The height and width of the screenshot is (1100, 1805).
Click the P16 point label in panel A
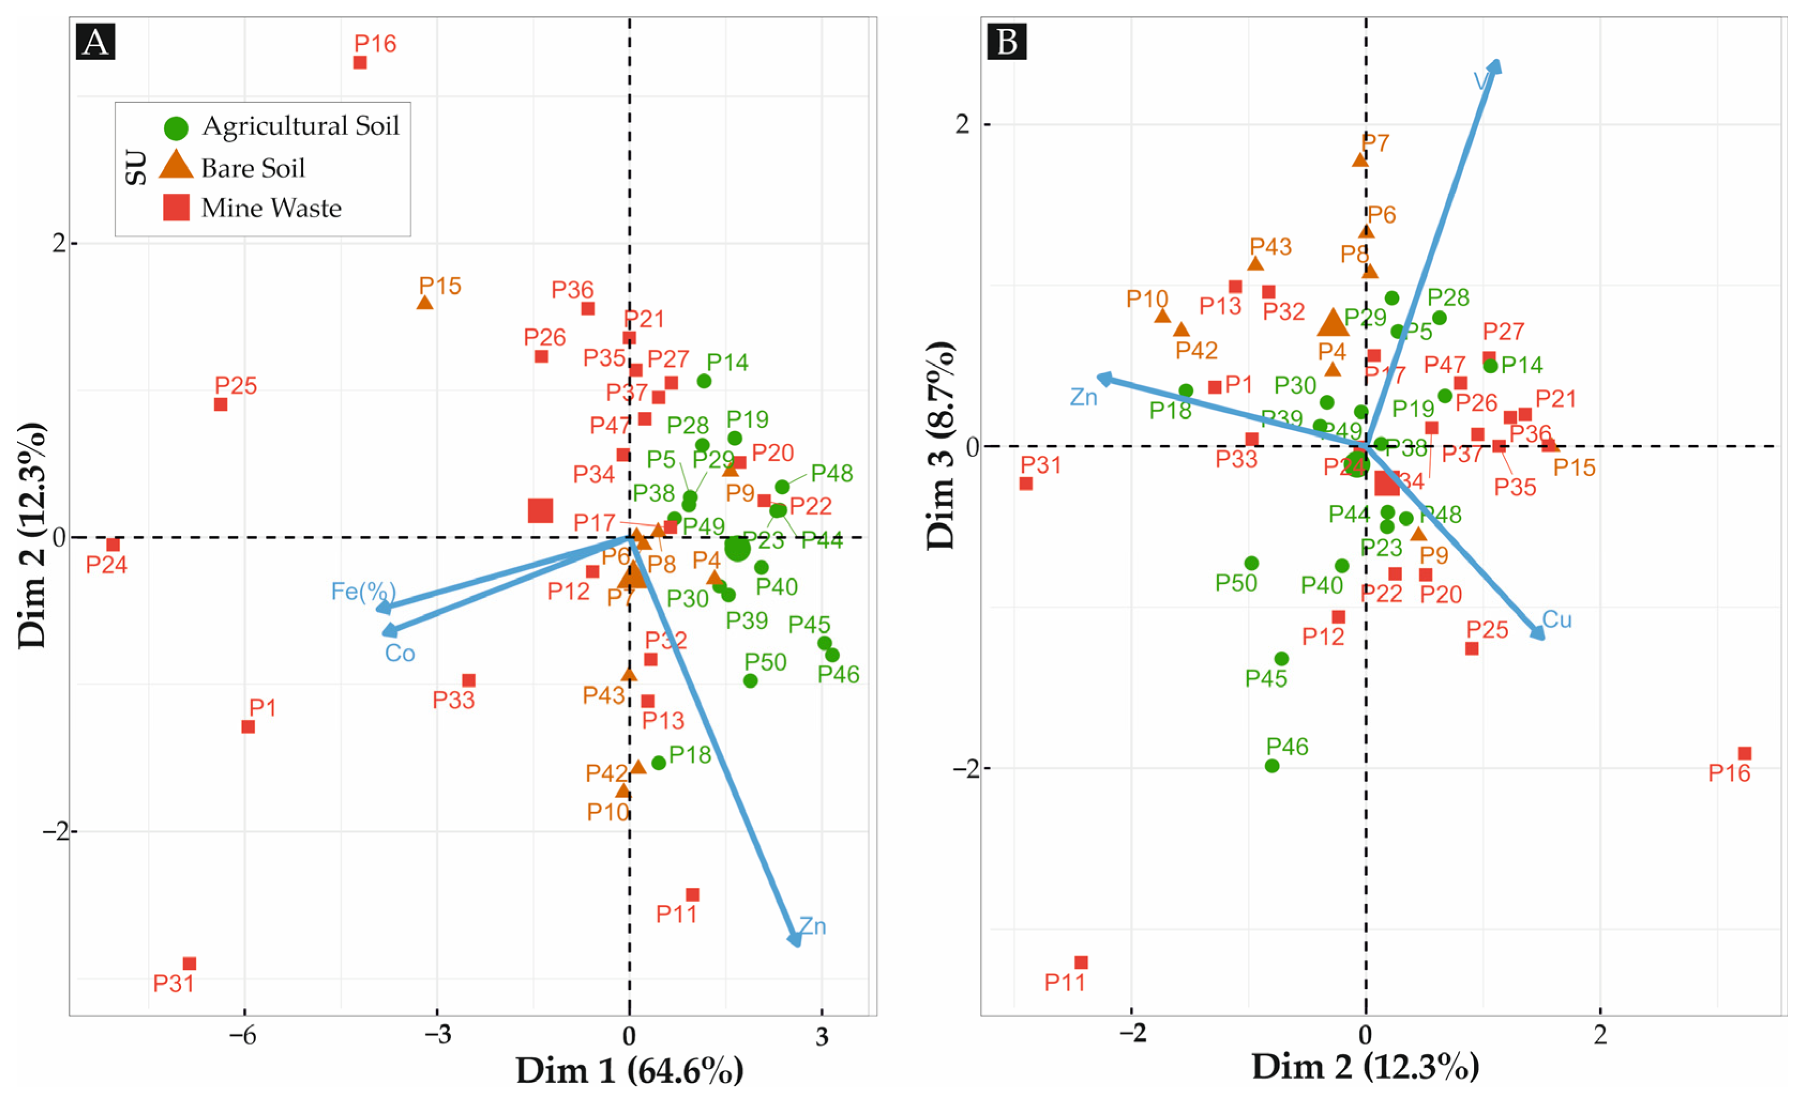point(375,44)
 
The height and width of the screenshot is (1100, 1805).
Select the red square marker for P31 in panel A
point(190,964)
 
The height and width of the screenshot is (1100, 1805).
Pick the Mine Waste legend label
point(271,209)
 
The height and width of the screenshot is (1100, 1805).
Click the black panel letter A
point(95,42)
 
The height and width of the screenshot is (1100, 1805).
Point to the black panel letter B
point(1007,42)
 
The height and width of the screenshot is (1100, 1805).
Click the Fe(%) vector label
point(363,591)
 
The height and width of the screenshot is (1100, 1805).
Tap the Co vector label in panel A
point(400,653)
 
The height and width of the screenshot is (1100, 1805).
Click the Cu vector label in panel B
point(1556,620)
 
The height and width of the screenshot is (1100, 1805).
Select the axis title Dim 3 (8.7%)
point(942,445)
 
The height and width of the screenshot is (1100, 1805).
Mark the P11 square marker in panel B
point(1081,962)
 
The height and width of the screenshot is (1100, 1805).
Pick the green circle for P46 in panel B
point(1272,766)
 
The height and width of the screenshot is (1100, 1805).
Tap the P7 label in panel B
point(1375,143)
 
